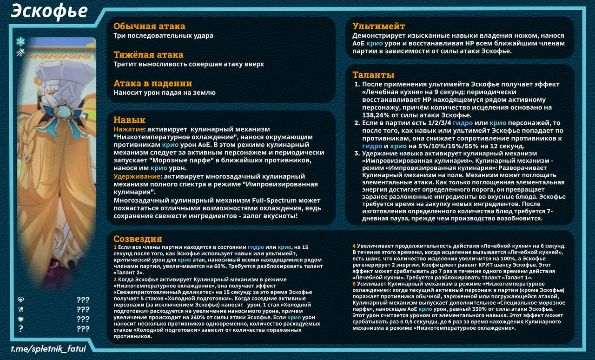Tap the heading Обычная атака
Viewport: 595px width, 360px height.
pyautogui.click(x=149, y=27)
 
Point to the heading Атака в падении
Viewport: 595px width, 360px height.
pyautogui.click(x=152, y=84)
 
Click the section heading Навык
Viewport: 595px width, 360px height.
pyautogui.click(x=129, y=120)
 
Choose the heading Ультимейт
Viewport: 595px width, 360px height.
pyautogui.click(x=379, y=27)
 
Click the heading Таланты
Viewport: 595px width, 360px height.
pyautogui.click(x=373, y=75)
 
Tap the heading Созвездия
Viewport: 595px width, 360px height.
pyautogui.click(x=138, y=239)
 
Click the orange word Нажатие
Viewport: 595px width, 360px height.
pyautogui.click(x=128, y=129)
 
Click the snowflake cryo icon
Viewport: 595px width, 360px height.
pyautogui.click(x=20, y=42)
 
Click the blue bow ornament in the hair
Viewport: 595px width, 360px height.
pyautogui.click(x=62, y=113)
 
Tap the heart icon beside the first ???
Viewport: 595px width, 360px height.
pyautogui.click(x=20, y=300)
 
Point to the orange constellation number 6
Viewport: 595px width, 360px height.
pyautogui.click(x=354, y=283)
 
